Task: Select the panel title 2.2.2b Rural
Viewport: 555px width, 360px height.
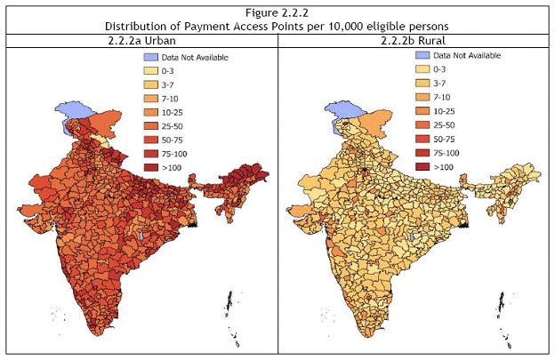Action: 415,40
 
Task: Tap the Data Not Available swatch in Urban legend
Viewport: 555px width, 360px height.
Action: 151,57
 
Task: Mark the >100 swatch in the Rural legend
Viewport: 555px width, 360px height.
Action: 422,166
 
